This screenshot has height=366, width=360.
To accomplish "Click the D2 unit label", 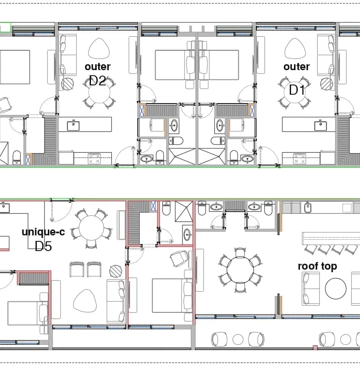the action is click(x=97, y=81).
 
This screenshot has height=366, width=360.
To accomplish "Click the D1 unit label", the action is click(x=297, y=90).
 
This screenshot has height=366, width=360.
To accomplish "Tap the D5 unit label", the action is click(x=43, y=246).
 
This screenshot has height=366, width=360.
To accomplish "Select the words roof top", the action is click(x=317, y=266).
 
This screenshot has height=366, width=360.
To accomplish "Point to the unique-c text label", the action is click(x=43, y=232).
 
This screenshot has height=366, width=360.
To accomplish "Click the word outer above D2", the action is click(x=97, y=66).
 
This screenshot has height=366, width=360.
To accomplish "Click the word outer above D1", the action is click(x=297, y=66).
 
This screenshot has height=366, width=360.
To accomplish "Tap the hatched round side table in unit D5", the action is click(x=115, y=271).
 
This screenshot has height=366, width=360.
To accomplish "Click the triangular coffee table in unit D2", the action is click(x=99, y=49).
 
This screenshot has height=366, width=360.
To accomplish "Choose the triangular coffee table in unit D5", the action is click(x=85, y=301).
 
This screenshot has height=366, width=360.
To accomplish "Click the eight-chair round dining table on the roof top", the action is click(x=240, y=270).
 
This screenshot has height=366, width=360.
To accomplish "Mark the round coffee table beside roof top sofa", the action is click(x=335, y=289).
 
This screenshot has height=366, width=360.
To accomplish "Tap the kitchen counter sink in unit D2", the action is click(x=73, y=126).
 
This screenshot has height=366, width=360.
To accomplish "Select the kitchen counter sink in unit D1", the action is click(x=321, y=126).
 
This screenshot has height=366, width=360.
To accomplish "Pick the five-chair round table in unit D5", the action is click(x=91, y=228).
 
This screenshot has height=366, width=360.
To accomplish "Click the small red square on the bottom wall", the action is click(x=315, y=348).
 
